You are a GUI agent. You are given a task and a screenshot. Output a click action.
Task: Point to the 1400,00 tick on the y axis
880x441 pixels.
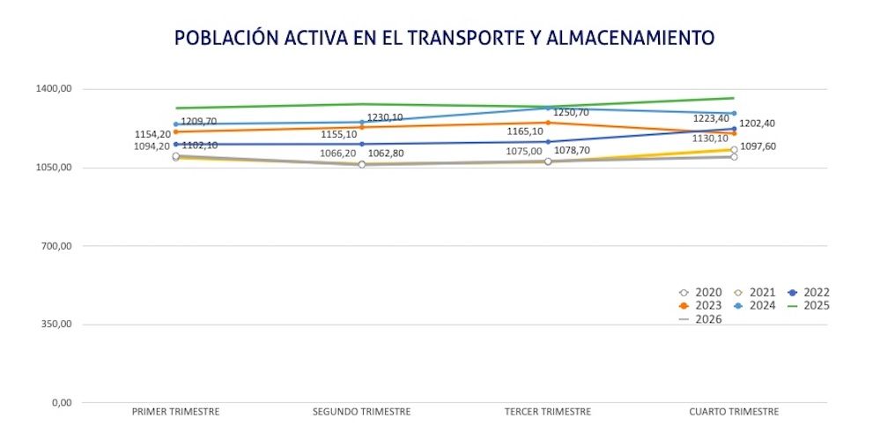pyautogui.click(x=53, y=89)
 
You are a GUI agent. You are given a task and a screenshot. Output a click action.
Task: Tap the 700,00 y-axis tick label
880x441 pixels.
pyautogui.click(x=55, y=246)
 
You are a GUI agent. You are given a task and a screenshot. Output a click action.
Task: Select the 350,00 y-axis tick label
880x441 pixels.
pyautogui.click(x=55, y=325)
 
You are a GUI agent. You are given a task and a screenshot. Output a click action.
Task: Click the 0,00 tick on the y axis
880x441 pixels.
pyautogui.click(x=61, y=403)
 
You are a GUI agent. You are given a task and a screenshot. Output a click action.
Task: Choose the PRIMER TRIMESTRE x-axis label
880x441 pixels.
pyautogui.click(x=175, y=412)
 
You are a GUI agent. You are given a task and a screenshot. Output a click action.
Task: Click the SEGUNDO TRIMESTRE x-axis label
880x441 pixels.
pyautogui.click(x=362, y=412)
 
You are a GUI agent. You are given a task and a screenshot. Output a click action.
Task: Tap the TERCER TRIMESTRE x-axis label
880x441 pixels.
pyautogui.click(x=548, y=412)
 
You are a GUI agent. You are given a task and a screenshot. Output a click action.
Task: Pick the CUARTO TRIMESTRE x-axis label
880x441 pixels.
pyautogui.click(x=735, y=412)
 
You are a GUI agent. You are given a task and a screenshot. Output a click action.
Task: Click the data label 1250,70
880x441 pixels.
pyautogui.click(x=571, y=113)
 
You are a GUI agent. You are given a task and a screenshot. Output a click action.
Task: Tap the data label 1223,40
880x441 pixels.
pyautogui.click(x=711, y=118)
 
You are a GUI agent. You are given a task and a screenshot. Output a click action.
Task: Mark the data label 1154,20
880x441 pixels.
pyautogui.click(x=152, y=134)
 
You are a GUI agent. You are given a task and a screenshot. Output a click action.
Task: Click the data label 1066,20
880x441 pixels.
pyautogui.click(x=337, y=153)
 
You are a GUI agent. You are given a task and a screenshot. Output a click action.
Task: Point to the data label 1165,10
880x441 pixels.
pyautogui.click(x=525, y=131)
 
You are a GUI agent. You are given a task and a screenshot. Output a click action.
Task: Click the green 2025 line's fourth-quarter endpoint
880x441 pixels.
pyautogui.click(x=735, y=98)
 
